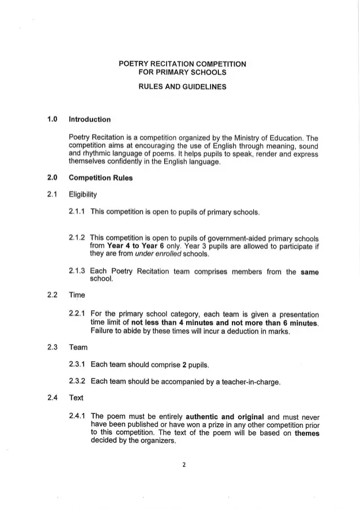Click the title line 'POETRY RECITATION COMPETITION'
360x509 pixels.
[x=182, y=64]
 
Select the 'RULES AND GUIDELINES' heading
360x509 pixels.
[x=182, y=87]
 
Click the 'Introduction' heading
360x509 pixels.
[x=89, y=119]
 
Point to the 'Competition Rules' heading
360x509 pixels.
[x=100, y=178]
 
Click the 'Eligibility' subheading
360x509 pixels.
[x=83, y=195]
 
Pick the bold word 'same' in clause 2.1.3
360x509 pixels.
[x=309, y=272]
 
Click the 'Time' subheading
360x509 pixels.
[x=76, y=295]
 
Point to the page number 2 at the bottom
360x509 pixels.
[x=184, y=465]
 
